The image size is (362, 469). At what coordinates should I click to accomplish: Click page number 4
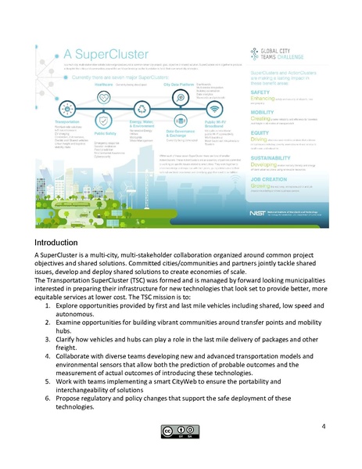(x=323, y=426)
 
